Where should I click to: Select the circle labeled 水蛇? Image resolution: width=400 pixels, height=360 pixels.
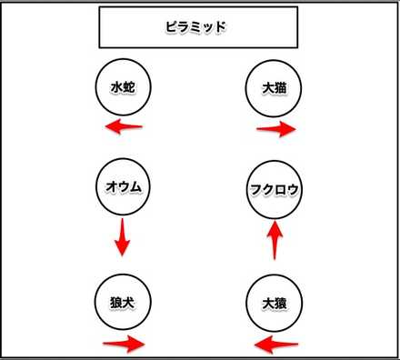123,88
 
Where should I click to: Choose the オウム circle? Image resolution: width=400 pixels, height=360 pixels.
123,188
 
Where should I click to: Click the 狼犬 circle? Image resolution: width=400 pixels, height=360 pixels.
123,299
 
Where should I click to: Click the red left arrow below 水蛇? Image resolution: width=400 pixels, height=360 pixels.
123,127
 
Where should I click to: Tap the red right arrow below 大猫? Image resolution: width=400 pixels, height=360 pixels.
276,129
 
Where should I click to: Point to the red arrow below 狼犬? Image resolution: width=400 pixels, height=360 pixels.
123,345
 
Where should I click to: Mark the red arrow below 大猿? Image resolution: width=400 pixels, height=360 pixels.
275,345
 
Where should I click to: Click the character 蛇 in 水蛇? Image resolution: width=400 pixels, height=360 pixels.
130,88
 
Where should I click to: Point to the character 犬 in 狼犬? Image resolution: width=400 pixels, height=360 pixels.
130,299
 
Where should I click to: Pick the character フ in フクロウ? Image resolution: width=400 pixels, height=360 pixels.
255,191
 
